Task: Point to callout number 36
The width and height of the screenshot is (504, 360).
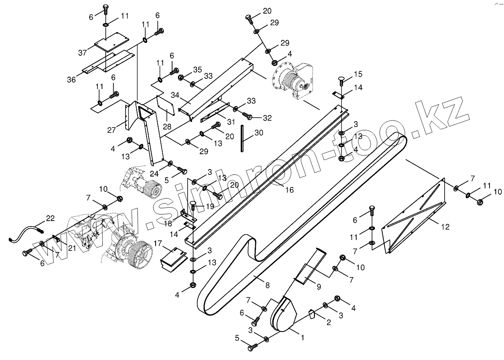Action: [71, 80]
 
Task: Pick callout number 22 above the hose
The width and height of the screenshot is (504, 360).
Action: [50, 219]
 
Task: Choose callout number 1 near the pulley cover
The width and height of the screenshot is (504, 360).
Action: [303, 337]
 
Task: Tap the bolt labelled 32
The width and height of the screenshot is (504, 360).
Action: [247, 115]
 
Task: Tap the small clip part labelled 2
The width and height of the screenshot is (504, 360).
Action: [312, 315]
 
